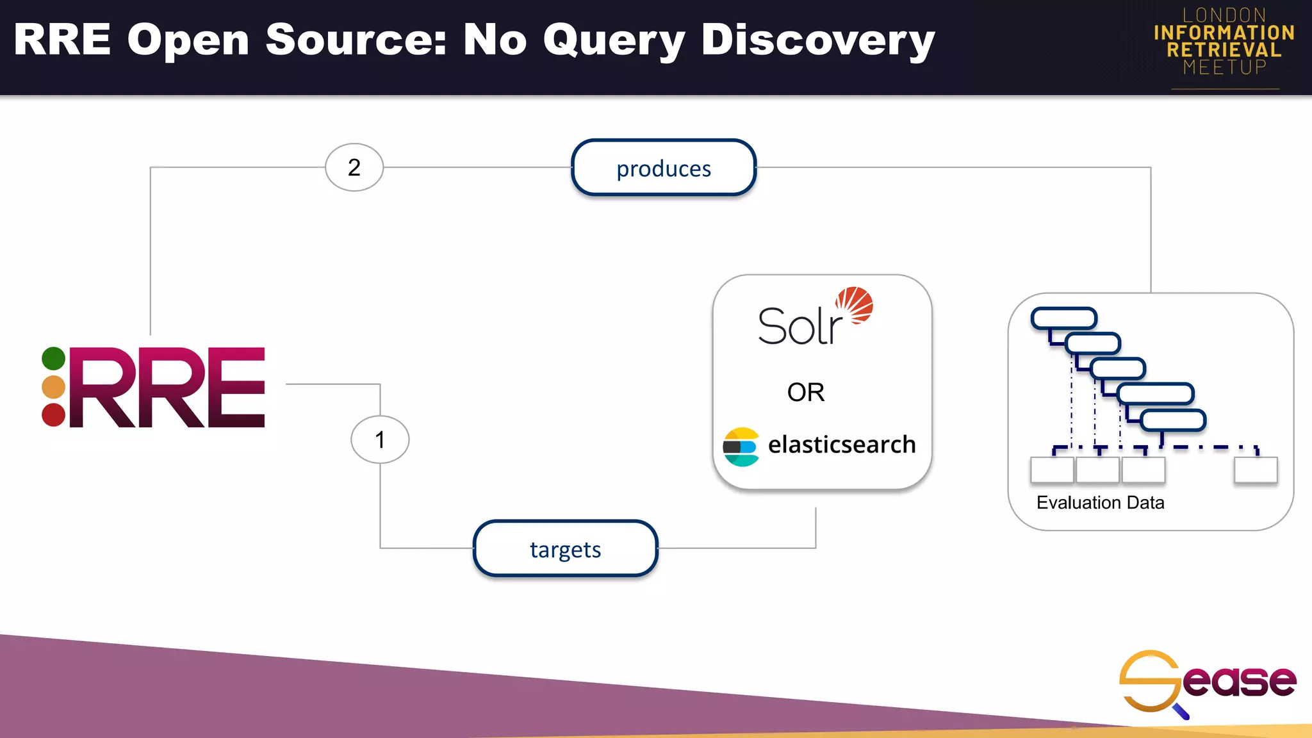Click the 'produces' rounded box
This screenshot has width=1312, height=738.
click(663, 168)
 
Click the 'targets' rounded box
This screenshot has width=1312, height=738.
click(565, 549)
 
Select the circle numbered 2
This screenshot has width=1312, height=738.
click(354, 167)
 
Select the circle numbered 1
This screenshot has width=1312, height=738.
click(380, 439)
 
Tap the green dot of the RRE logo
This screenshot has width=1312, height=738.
click(54, 358)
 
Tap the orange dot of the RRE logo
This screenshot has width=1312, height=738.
click(54, 387)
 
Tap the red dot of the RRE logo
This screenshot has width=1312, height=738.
click(54, 415)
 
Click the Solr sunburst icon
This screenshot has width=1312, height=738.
click(855, 305)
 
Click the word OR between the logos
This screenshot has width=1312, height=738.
click(805, 392)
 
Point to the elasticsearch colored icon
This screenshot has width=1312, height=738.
click(741, 447)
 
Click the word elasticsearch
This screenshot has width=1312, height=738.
click(841, 445)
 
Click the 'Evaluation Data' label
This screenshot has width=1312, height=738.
click(1100, 502)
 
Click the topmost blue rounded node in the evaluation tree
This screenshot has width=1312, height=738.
click(1063, 318)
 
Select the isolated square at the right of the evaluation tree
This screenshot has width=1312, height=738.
click(1255, 470)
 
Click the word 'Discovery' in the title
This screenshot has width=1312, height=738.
click(817, 41)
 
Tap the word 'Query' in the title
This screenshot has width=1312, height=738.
click(614, 41)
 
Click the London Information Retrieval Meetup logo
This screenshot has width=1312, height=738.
click(1224, 42)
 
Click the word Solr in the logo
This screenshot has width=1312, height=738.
click(799, 327)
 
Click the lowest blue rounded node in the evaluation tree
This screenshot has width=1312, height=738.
click(1173, 420)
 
